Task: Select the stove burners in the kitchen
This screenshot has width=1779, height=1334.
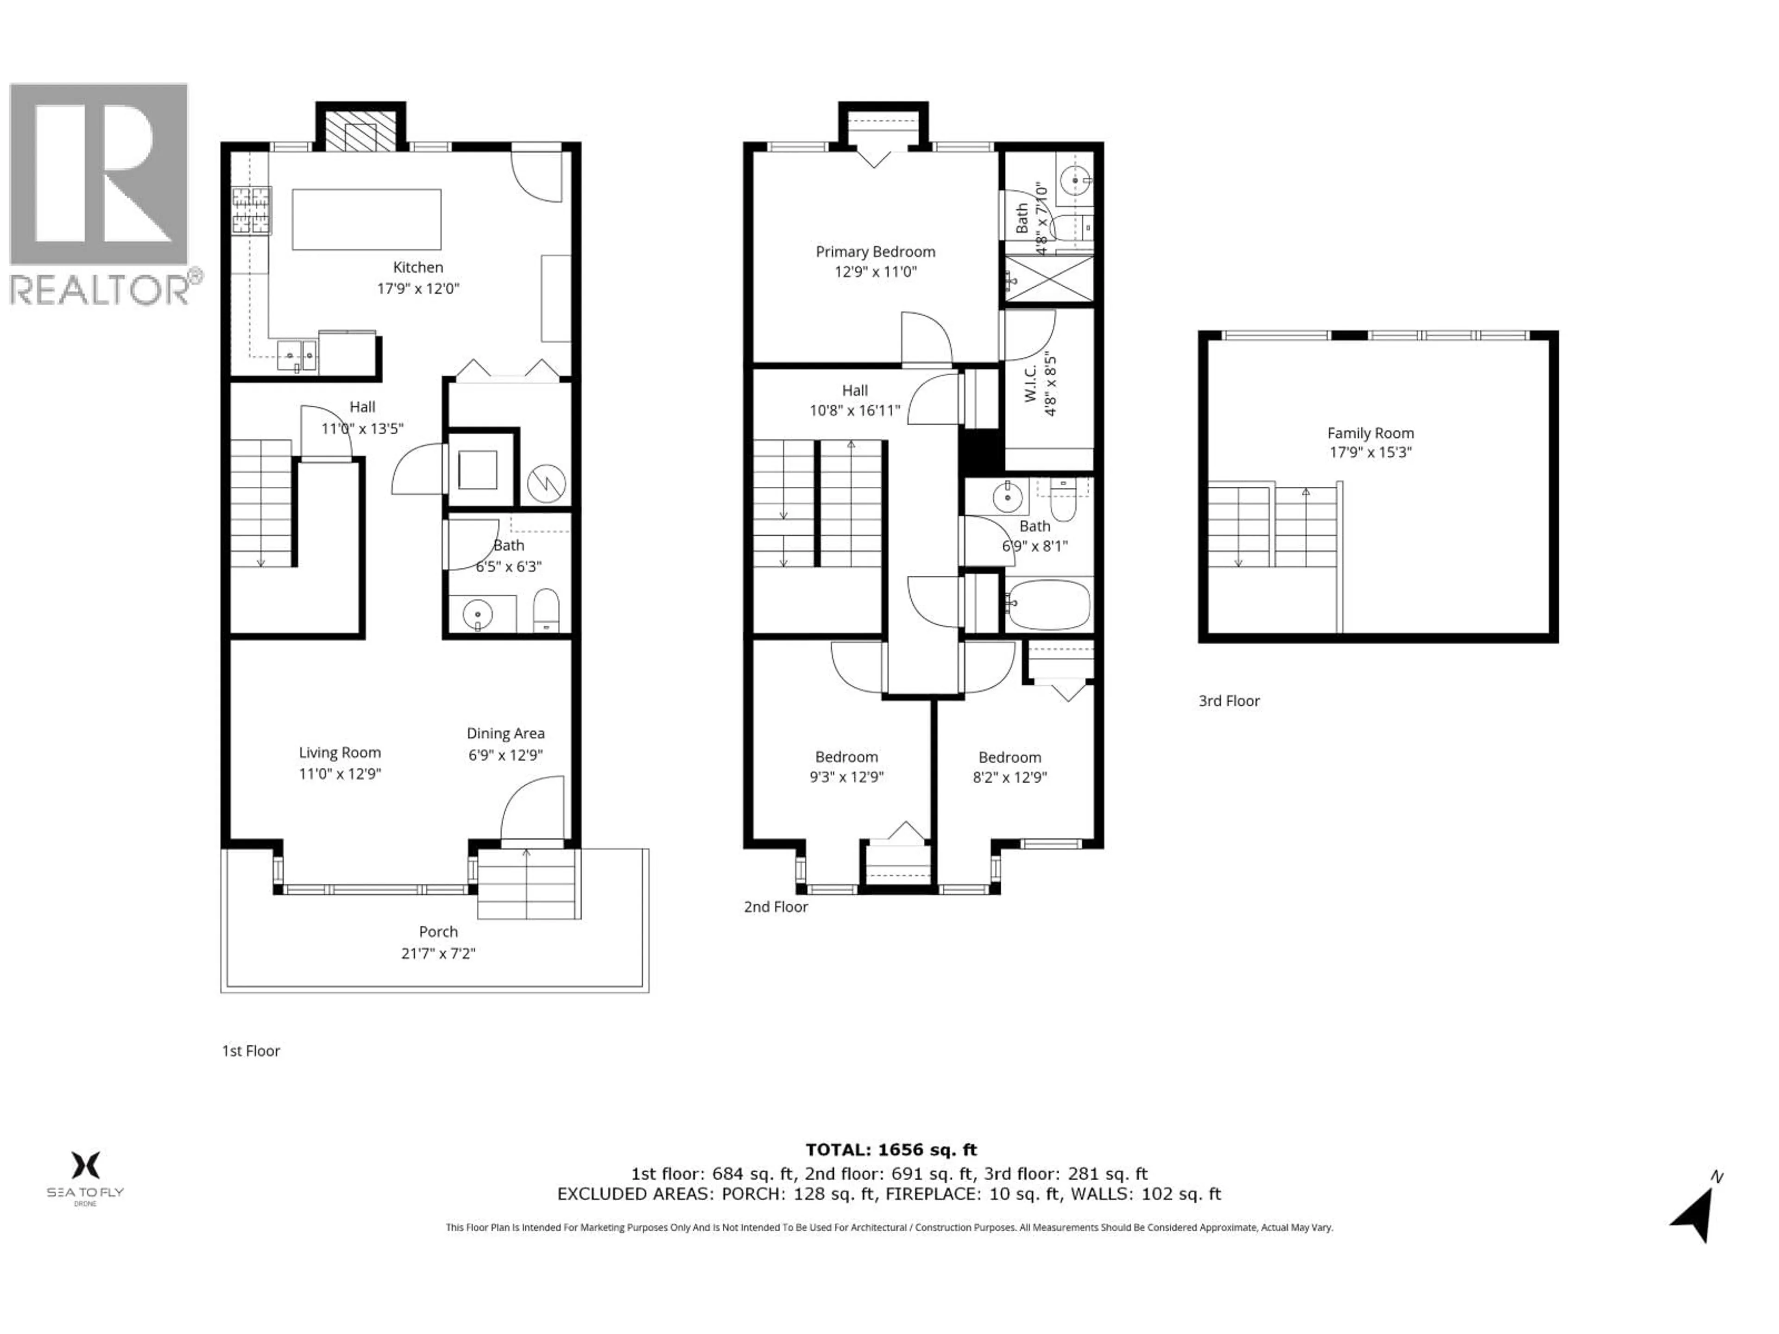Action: pos(251,211)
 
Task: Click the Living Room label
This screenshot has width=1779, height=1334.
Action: pos(340,753)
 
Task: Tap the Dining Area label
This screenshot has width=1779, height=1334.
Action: pos(505,733)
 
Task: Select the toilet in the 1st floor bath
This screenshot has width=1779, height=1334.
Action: pos(546,610)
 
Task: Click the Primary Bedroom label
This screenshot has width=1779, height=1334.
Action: pos(875,252)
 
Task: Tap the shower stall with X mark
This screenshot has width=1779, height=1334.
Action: pos(1049,280)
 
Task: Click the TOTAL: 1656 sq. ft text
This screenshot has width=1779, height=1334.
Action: pos(891,1150)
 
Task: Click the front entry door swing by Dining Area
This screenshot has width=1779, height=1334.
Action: pos(531,808)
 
